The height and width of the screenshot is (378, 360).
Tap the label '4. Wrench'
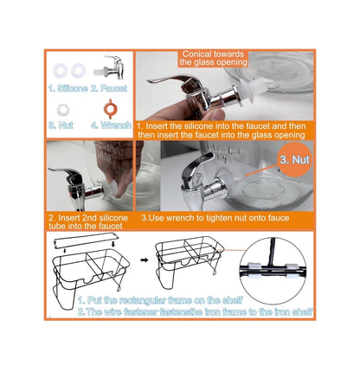(112, 125)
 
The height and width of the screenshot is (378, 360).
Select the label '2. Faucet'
(109, 88)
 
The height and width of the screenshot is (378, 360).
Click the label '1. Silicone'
(68, 88)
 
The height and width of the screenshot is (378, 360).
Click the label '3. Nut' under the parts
(61, 125)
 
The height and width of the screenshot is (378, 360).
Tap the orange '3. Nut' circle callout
(294, 159)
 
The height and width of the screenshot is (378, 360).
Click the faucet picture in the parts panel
(110, 68)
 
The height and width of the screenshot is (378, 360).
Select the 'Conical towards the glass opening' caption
(213, 58)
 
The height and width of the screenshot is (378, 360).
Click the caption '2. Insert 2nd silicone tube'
(88, 221)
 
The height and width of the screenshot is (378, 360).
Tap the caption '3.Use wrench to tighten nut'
(215, 218)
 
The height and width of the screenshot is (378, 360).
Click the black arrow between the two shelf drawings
(145, 259)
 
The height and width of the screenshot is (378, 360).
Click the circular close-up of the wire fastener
(273, 271)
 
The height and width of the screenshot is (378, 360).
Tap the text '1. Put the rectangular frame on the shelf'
(160, 300)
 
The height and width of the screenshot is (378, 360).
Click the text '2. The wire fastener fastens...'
(196, 311)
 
